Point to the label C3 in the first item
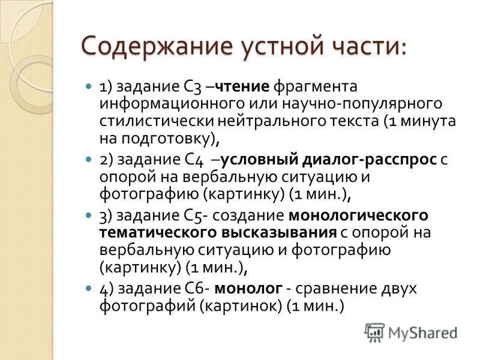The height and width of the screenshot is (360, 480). tap(185, 86)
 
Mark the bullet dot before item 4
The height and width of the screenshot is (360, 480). tap(88, 287)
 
